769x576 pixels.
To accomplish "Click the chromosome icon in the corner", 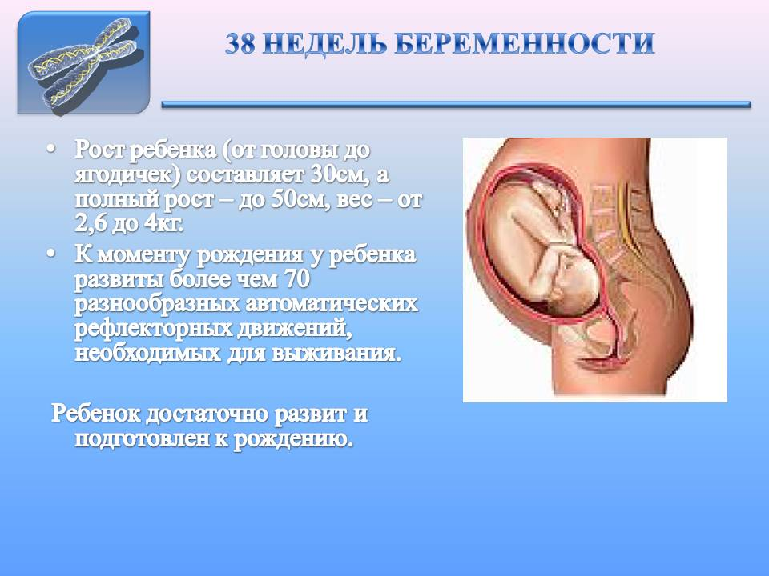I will pyautogui.click(x=83, y=63).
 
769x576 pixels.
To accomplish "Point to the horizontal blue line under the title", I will pyautogui.click(x=456, y=104).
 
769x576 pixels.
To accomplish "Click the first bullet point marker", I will pyautogui.click(x=52, y=150).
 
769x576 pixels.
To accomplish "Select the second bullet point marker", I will pyautogui.click(x=52, y=254).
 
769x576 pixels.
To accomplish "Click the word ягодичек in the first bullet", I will pyautogui.click(x=116, y=174).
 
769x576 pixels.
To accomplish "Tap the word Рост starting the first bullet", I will pyautogui.click(x=99, y=150).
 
